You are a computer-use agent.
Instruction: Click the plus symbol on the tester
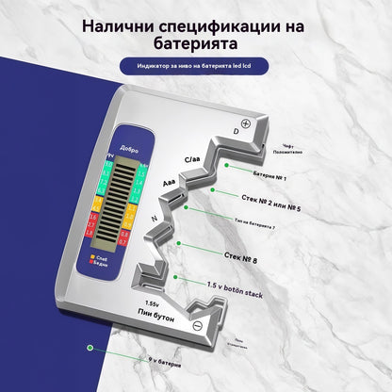(246, 123)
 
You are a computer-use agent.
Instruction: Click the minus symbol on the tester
(198, 326)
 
